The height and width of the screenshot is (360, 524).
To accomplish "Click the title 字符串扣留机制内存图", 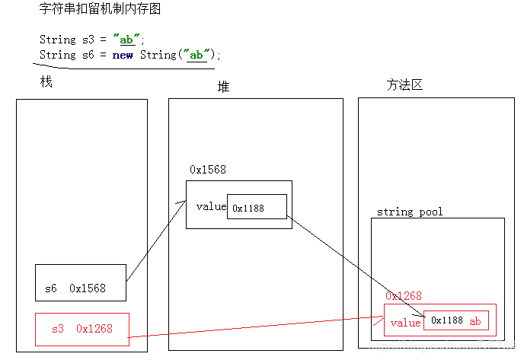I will point(100,11).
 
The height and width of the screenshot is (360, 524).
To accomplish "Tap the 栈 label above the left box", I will point(46,82).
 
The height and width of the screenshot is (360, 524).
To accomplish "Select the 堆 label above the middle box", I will point(223,88).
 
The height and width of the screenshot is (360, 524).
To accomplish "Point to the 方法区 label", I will point(404,85).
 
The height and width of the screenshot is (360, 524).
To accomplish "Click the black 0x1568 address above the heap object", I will point(207,170).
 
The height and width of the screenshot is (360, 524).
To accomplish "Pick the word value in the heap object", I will point(211,206).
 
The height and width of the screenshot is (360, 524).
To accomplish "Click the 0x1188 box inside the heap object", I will point(256,208).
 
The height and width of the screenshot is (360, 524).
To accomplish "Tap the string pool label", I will point(410,211).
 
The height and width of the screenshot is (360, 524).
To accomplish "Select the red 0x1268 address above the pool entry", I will point(404,296).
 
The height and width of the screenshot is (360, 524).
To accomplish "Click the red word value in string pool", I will point(405,322).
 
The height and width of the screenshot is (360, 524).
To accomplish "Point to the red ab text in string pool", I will point(475,321).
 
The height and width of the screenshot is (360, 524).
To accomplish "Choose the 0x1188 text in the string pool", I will point(447,321).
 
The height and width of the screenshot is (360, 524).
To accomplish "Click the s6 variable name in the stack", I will point(50,288).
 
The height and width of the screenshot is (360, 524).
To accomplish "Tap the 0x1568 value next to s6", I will point(88,288).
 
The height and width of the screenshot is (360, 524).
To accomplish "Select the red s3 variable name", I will point(58,329).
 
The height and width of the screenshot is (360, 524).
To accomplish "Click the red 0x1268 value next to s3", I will point(94,329).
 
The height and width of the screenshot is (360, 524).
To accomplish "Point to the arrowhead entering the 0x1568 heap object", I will point(184,202).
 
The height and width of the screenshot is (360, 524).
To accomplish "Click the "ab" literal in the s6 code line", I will point(196,55).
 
